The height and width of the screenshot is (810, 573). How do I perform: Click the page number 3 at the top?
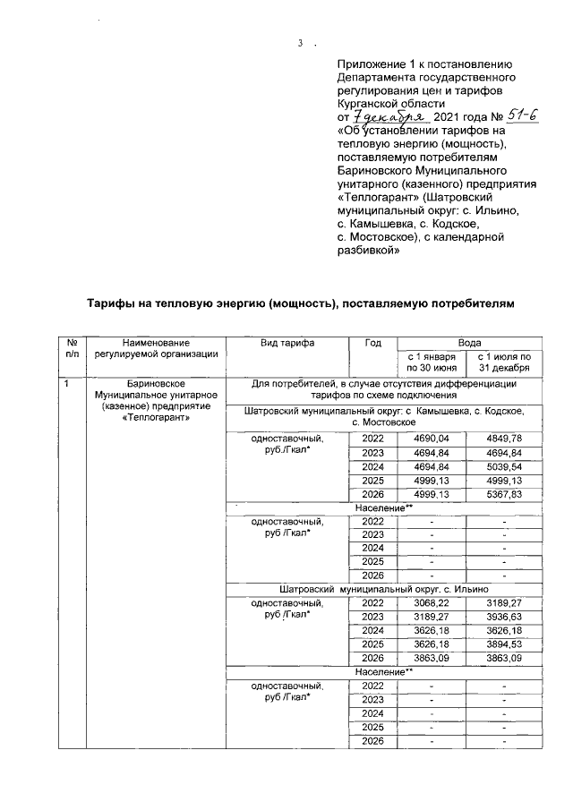301,42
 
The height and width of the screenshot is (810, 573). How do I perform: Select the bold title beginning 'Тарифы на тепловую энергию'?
301,305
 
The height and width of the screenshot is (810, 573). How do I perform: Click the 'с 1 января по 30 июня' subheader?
432,362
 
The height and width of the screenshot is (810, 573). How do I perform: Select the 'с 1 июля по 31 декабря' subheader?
504,362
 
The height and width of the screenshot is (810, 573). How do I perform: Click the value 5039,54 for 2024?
504,466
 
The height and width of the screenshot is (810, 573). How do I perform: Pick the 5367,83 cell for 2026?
504,495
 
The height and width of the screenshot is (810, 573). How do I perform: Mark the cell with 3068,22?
431,603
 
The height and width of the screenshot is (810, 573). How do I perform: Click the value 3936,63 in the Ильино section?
504,618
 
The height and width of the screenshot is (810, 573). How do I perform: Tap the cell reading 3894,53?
504,646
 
